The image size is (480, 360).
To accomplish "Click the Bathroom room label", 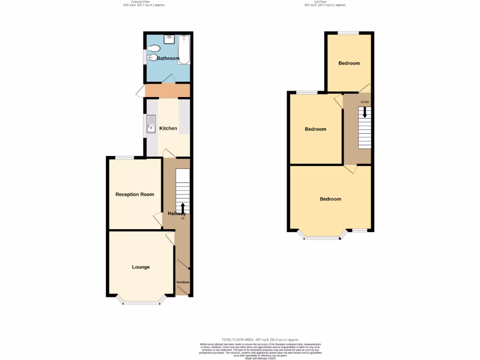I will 168,59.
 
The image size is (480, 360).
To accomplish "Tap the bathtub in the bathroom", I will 184,50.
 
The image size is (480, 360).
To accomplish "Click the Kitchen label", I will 168,128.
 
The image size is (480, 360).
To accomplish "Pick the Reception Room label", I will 135,195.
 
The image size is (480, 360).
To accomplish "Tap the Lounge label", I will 141,267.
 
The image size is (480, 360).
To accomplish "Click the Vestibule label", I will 183,282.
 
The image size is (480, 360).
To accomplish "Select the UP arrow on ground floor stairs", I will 182,208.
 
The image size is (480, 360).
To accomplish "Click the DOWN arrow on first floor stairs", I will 365,112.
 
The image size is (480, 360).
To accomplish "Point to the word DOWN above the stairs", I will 365,102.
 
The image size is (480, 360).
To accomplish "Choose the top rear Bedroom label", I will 349,63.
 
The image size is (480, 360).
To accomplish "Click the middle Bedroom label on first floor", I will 315,129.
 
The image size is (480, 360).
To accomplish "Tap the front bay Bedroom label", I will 330,199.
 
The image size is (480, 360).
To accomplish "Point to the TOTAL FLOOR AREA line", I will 260,339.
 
